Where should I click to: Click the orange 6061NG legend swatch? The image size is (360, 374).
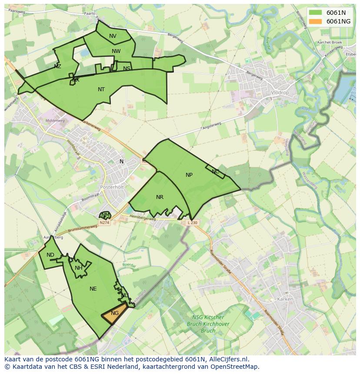(316, 21)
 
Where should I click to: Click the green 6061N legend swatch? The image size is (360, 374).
(316, 13)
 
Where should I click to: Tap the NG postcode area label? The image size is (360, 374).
(115, 313)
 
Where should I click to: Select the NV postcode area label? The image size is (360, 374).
(113, 36)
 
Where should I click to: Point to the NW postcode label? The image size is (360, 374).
(116, 51)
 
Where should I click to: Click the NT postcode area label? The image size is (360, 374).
(101, 89)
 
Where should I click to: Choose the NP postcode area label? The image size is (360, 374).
(189, 175)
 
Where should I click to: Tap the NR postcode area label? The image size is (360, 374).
(160, 197)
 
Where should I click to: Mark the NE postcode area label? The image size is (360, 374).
(93, 289)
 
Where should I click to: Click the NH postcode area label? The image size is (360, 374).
(79, 268)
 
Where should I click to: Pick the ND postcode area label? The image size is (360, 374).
(50, 255)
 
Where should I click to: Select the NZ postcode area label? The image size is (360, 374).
(57, 66)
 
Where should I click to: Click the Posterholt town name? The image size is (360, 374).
(112, 187)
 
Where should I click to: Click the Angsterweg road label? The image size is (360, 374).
(212, 126)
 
